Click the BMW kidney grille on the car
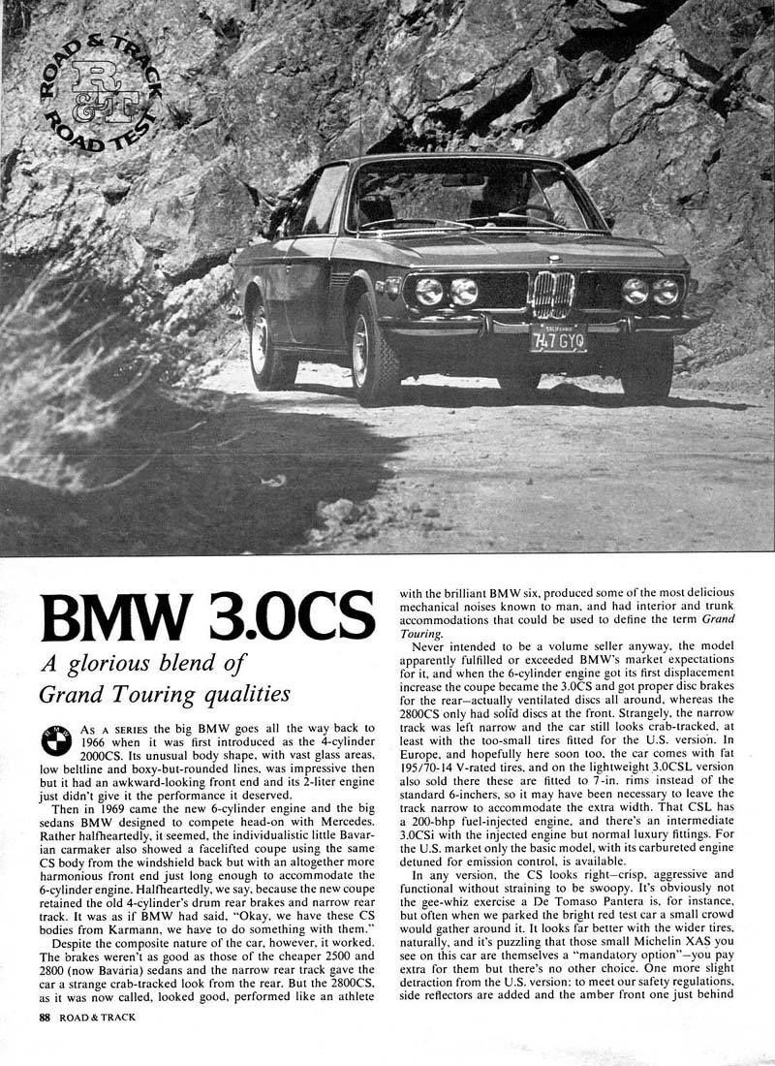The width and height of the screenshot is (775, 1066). tap(553, 294)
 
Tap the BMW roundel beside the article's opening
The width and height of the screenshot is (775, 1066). tap(55, 742)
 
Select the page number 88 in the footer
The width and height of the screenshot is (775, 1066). tap(44, 1018)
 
